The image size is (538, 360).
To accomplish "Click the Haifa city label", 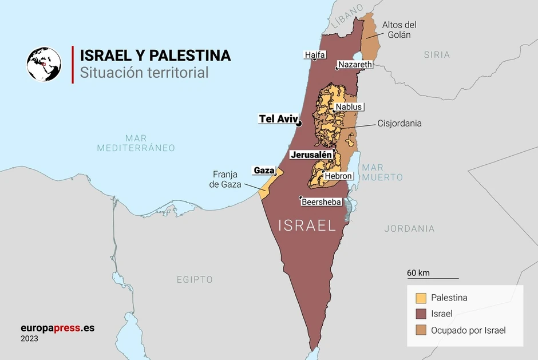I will [315, 55].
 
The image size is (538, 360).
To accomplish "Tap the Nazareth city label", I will [355, 65].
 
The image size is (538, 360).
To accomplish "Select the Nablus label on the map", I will [349, 107].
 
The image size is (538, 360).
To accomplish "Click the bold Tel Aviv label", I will [279, 119].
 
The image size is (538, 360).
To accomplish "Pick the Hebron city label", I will [338, 176].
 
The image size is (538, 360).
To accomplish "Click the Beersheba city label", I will [321, 202].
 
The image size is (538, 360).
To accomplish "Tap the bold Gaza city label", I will [264, 171].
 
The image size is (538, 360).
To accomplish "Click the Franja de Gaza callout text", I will [225, 179].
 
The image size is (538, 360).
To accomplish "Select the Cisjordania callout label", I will [399, 123].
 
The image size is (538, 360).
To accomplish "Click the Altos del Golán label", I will [399, 30].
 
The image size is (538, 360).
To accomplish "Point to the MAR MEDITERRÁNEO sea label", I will [136, 143].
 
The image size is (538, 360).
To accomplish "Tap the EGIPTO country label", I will [195, 279].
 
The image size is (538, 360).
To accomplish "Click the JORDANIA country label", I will [409, 228].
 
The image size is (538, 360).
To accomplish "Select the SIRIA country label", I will [437, 55].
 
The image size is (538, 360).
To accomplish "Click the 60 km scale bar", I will [433, 278].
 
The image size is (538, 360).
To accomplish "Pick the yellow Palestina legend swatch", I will [421, 298].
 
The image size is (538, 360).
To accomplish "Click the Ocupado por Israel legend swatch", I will [421, 330].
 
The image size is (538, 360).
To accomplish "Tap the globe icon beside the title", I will [43, 64].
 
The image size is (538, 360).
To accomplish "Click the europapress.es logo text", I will [57, 328].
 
